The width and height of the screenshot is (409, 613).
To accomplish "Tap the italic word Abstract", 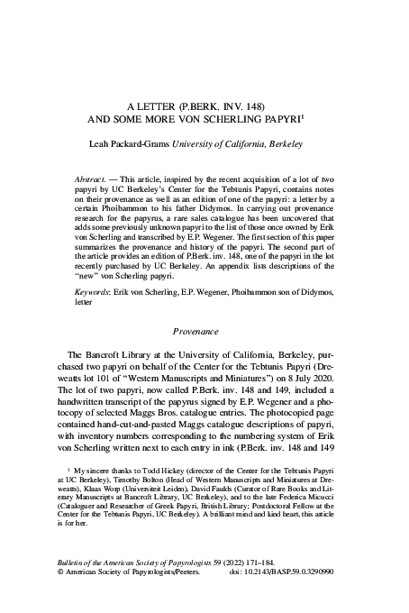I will [91, 180].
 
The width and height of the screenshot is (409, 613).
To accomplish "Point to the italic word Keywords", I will [94, 292].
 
